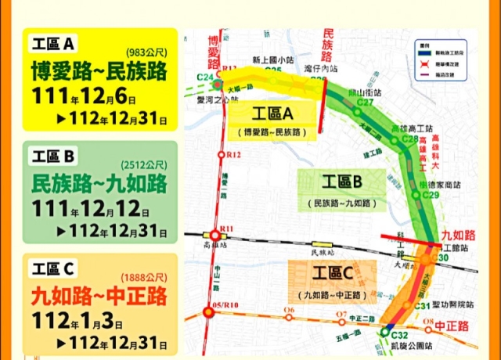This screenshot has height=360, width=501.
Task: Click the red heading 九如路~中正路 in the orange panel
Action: tap(99, 297)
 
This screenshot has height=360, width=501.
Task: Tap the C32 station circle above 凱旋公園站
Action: tap(384, 332)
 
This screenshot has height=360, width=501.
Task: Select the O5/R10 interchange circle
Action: tap(209, 313)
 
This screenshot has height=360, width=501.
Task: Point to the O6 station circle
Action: tap(290, 318)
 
